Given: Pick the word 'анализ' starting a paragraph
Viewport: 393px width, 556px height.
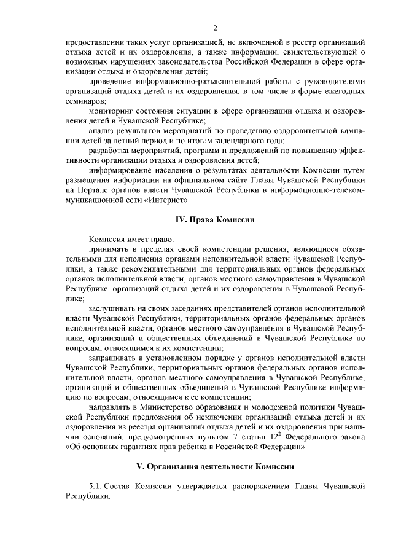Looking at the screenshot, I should tap(100, 130).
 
